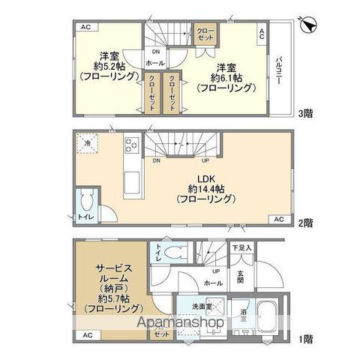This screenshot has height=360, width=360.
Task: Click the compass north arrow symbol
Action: pos(307,25)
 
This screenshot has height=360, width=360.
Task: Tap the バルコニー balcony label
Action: pos(277,71)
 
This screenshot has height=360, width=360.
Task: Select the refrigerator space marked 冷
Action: pos(88,145)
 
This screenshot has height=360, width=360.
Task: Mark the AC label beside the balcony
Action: pos(262,34)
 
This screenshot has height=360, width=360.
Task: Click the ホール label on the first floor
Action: pos(214,283)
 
